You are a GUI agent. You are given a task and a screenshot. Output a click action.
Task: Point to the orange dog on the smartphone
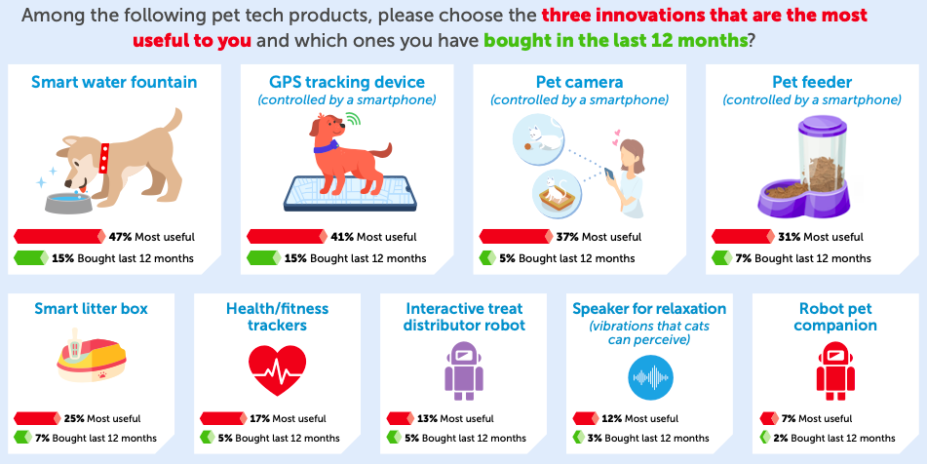[x=341, y=146]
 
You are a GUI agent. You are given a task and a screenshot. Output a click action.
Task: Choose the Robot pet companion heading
[x=835, y=317]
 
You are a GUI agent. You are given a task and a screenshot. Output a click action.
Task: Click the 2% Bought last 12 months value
[x=782, y=439]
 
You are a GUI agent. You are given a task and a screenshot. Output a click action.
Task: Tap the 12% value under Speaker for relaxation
[x=612, y=418]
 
